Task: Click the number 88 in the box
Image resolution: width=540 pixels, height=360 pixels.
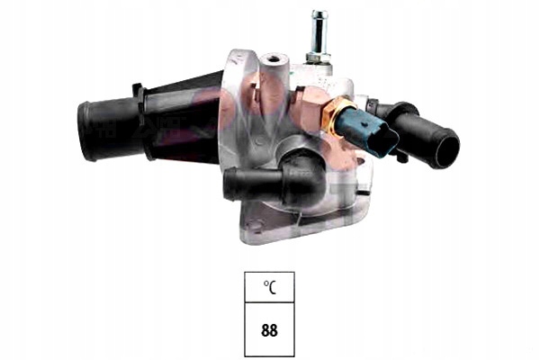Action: point(269,330)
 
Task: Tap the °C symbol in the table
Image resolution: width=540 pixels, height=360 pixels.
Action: point(270,288)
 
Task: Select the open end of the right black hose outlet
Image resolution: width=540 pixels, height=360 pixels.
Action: point(446,148)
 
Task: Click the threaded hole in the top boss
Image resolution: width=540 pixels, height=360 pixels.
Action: point(274,58)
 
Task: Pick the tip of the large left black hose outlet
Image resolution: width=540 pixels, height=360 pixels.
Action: point(85,131)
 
